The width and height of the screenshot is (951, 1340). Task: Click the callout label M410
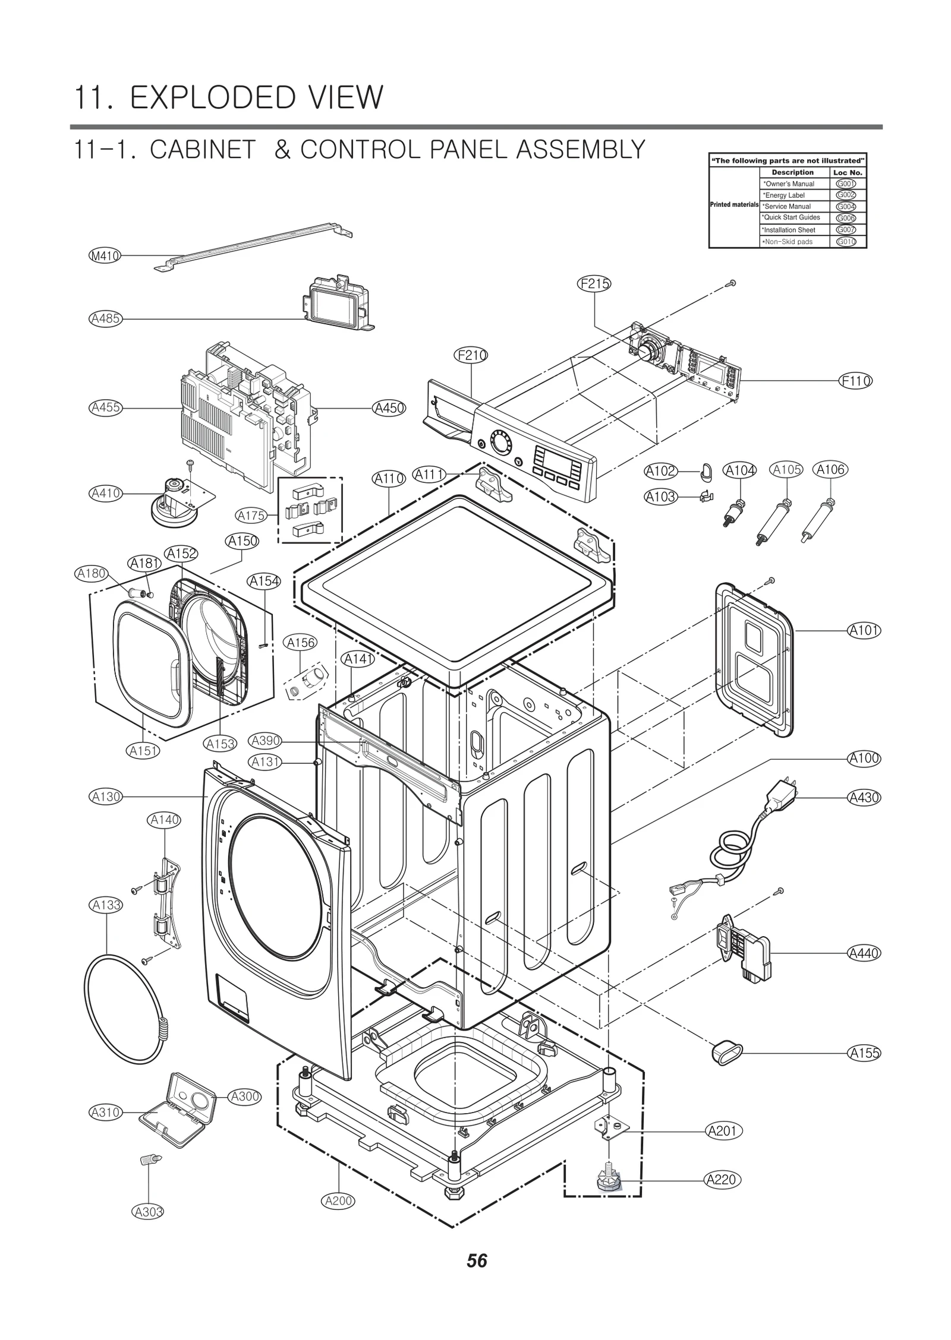coord(105,256)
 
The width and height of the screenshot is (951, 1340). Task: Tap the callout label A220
coord(722,1179)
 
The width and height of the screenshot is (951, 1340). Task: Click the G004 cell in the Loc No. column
coord(846,207)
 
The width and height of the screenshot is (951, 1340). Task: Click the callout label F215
coord(594,284)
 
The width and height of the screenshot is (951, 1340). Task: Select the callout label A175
coord(251,516)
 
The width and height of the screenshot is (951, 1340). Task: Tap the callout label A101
coord(864,630)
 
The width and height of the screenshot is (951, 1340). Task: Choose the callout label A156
coord(301,643)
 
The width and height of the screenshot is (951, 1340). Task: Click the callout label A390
coord(265,741)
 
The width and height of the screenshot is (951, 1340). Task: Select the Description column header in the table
coord(792,172)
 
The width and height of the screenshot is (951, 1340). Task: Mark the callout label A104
coord(740,470)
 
